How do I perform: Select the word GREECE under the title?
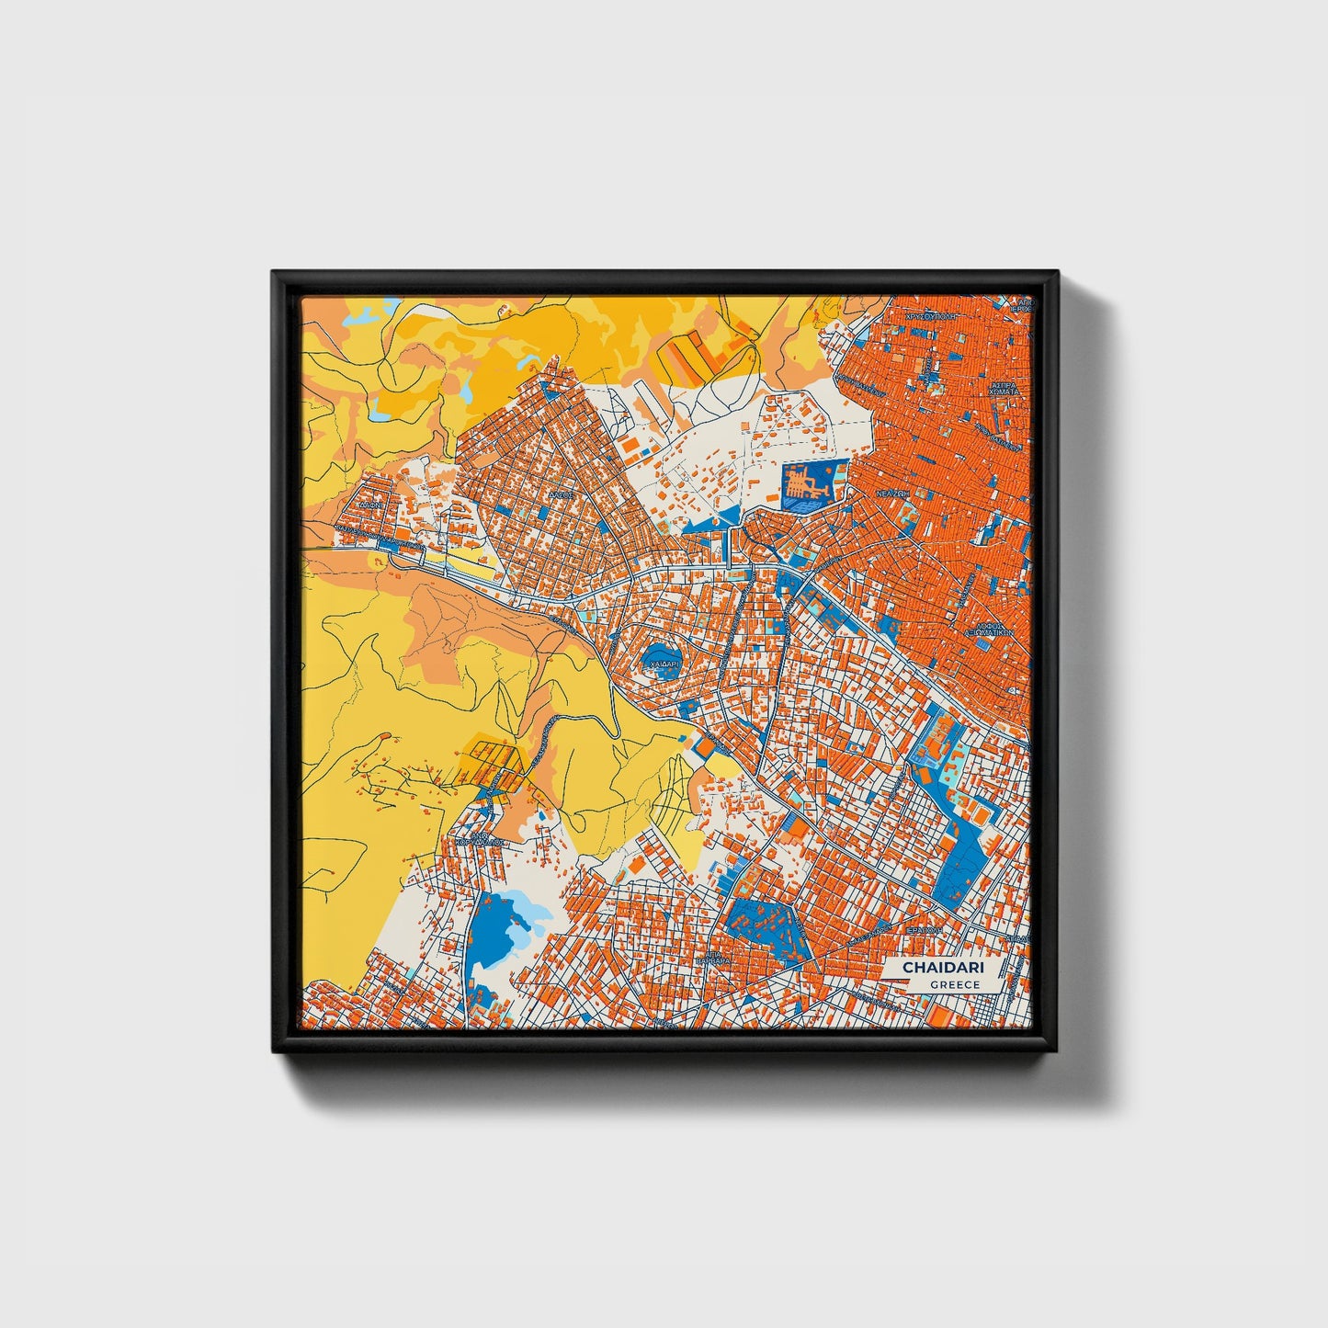(x=955, y=984)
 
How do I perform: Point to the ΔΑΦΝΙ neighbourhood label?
(x=372, y=505)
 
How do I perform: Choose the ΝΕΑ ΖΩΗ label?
(x=891, y=493)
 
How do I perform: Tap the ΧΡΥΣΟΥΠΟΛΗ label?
(x=931, y=315)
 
